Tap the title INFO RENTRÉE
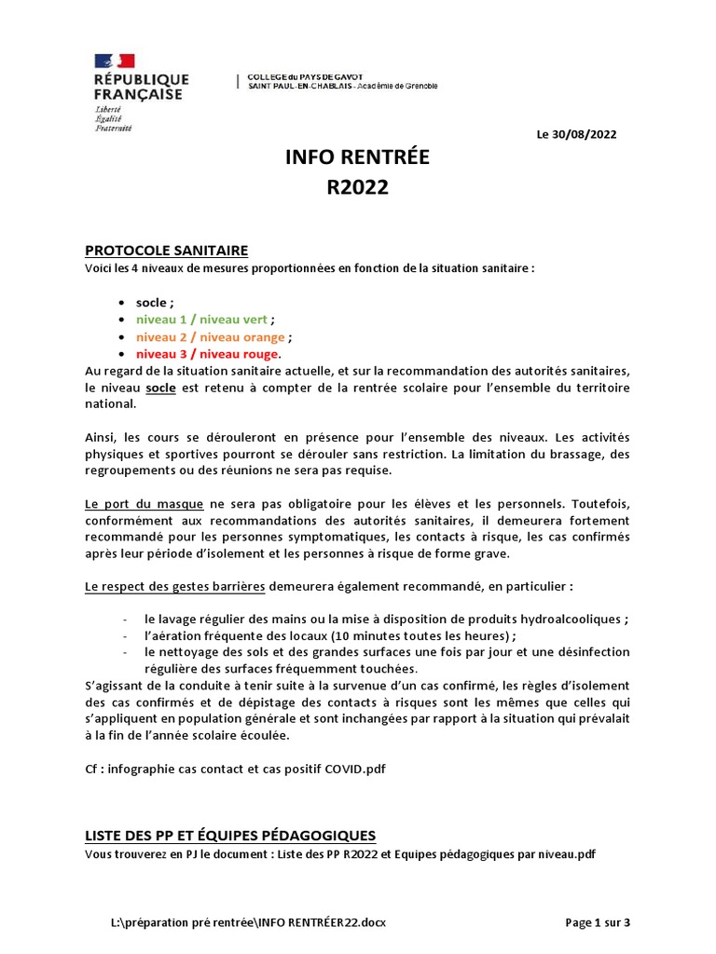pyautogui.click(x=357, y=158)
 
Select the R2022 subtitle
pyautogui.click(x=357, y=188)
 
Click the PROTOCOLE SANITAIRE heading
pyautogui.click(x=166, y=251)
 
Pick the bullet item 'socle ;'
pyautogui.click(x=155, y=303)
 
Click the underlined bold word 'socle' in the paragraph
pyautogui.click(x=160, y=388)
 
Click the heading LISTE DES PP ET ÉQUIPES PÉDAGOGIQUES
pyautogui.click(x=230, y=835)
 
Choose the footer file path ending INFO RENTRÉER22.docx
pyautogui.click(x=248, y=922)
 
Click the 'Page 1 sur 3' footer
pyautogui.click(x=598, y=922)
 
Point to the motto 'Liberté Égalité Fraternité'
pyautogui.click(x=114, y=118)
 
